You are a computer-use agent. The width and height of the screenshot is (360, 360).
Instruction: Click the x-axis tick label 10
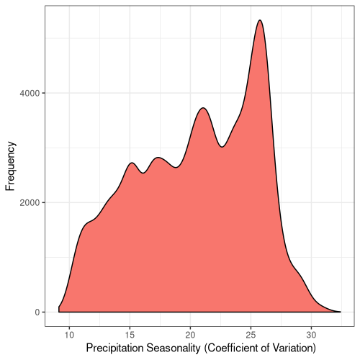[x=69, y=335]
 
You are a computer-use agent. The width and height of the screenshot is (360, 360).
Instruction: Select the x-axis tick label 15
[x=130, y=335]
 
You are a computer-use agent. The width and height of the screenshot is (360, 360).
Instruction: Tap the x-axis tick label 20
[x=190, y=335]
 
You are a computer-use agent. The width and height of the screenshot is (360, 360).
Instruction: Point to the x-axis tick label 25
[x=251, y=335]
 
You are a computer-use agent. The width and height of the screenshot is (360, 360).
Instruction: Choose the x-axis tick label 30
[x=311, y=335]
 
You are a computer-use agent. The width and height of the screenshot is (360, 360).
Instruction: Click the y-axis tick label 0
[x=37, y=312]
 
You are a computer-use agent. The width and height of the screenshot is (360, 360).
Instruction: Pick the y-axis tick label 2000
[x=30, y=203]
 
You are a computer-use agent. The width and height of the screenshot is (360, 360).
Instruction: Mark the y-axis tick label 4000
[x=30, y=93]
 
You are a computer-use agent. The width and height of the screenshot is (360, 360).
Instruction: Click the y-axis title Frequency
[x=10, y=166]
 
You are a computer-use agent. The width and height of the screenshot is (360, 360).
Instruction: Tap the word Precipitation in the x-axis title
[x=114, y=348]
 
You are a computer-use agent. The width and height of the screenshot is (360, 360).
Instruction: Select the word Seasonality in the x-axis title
[x=174, y=348]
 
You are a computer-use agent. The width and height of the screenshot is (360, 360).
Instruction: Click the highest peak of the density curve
[x=260, y=20]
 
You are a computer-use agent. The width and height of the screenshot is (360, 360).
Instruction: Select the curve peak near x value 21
[x=203, y=108]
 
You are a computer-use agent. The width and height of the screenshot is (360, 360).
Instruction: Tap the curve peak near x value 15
[x=132, y=163]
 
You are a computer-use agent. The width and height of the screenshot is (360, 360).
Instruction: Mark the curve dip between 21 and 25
[x=222, y=147]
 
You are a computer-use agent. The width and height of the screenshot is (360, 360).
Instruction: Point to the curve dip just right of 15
[x=143, y=173]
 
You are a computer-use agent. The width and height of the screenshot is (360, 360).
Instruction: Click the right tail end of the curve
[x=341, y=312]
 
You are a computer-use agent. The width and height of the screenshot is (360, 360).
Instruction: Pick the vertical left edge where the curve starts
[x=59, y=310]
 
